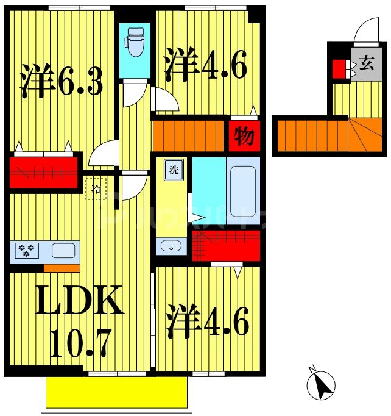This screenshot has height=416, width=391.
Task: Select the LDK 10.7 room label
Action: click(79, 321)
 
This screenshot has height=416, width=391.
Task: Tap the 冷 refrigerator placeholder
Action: click(96, 189)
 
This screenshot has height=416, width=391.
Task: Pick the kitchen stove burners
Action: click(27, 250)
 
